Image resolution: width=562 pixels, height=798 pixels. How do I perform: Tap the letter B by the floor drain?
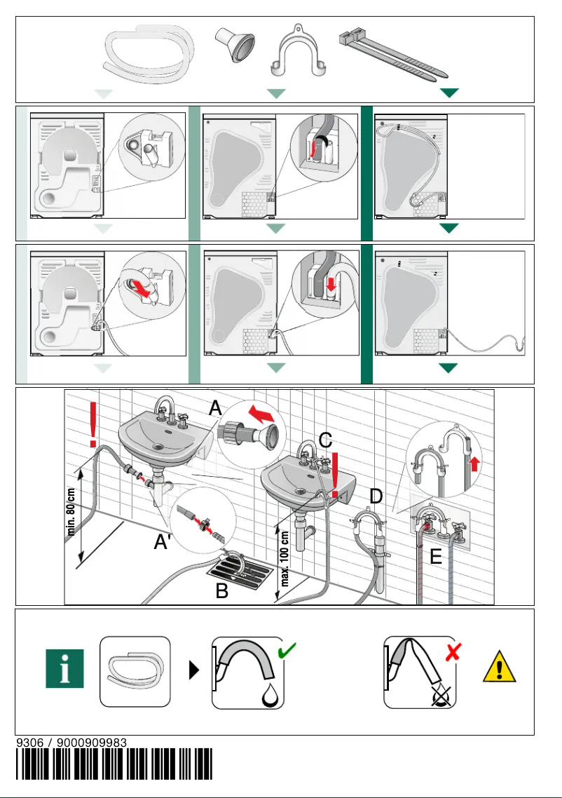click(222, 591)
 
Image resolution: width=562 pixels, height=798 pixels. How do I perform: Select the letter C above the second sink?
click(325, 440)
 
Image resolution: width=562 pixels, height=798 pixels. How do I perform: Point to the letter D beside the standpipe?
click(376, 496)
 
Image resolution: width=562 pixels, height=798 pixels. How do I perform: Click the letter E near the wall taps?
click(436, 557)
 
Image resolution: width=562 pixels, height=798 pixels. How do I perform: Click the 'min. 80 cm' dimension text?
click(71, 512)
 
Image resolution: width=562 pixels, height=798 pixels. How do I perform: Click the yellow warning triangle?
click(500, 666)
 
